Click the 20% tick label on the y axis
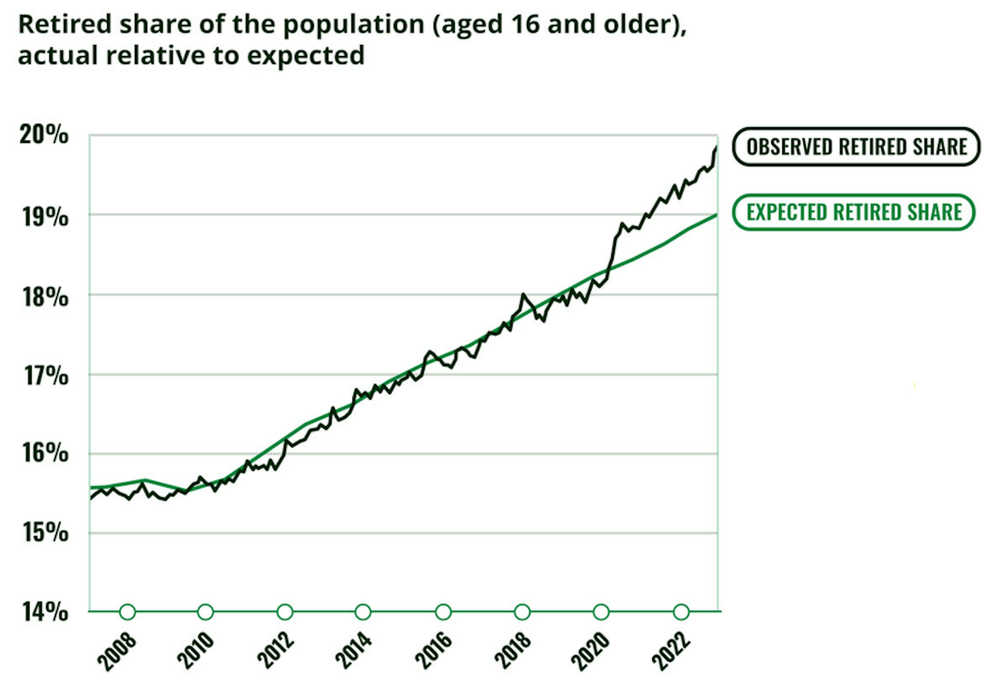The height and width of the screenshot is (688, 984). pyautogui.click(x=44, y=135)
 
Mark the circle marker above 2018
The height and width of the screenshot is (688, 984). pyautogui.click(x=522, y=612)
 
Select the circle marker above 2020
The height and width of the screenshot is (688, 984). pyautogui.click(x=601, y=612)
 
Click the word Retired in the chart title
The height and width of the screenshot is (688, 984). pyautogui.click(x=65, y=24)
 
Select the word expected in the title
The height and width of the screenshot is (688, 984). pyautogui.click(x=305, y=56)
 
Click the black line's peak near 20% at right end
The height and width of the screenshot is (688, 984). pyautogui.click(x=716, y=147)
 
